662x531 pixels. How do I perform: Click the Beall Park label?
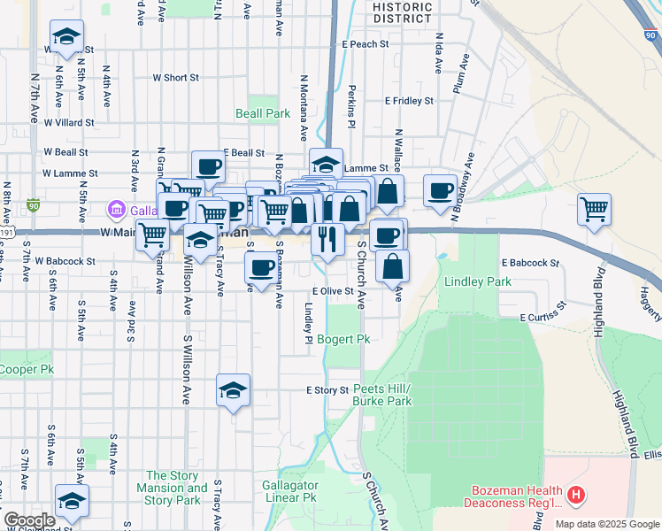(263, 114)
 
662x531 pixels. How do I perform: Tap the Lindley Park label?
(479, 281)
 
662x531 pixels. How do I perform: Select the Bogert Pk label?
(343, 339)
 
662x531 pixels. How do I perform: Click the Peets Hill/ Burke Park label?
(382, 395)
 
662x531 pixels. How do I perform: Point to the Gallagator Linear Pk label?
(289, 492)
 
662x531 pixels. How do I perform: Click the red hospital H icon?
(576, 496)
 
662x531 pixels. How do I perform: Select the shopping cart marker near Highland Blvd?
(594, 210)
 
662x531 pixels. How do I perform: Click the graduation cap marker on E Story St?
(233, 390)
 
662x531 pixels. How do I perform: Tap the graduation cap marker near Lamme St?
(326, 164)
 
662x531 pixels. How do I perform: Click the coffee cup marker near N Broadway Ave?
(439, 191)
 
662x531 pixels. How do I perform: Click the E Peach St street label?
(365, 43)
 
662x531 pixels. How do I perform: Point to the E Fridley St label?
(409, 101)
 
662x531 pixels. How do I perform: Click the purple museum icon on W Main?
(115, 210)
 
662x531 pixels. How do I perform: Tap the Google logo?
(30, 520)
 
